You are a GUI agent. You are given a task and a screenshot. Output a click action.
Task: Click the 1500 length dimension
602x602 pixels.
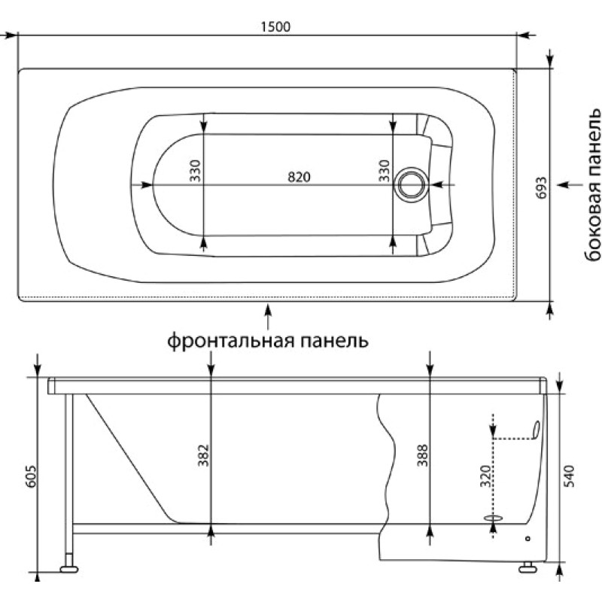tap(275, 27)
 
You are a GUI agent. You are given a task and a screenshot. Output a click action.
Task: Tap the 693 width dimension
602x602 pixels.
tap(541, 187)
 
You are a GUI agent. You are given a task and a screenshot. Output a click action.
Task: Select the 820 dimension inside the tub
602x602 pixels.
tap(299, 177)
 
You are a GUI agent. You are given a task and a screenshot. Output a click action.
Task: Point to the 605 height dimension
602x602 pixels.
tap(31, 477)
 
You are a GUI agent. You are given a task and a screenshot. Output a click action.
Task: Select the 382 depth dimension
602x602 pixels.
tap(203, 455)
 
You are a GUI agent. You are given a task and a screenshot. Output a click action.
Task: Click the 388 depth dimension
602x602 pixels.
tap(423, 455)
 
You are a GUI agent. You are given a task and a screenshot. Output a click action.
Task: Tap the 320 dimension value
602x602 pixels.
tap(486, 476)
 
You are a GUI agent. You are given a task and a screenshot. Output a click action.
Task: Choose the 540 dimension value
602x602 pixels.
tap(570, 476)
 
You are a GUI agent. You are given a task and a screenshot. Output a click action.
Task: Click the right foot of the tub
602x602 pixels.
tap(528, 567)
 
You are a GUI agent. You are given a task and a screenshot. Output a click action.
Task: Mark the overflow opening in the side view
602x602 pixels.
tap(536, 430)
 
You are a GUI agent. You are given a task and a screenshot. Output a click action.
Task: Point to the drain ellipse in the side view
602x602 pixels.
tap(494, 518)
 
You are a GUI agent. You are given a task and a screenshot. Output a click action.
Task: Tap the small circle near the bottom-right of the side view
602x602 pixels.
tap(528, 539)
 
